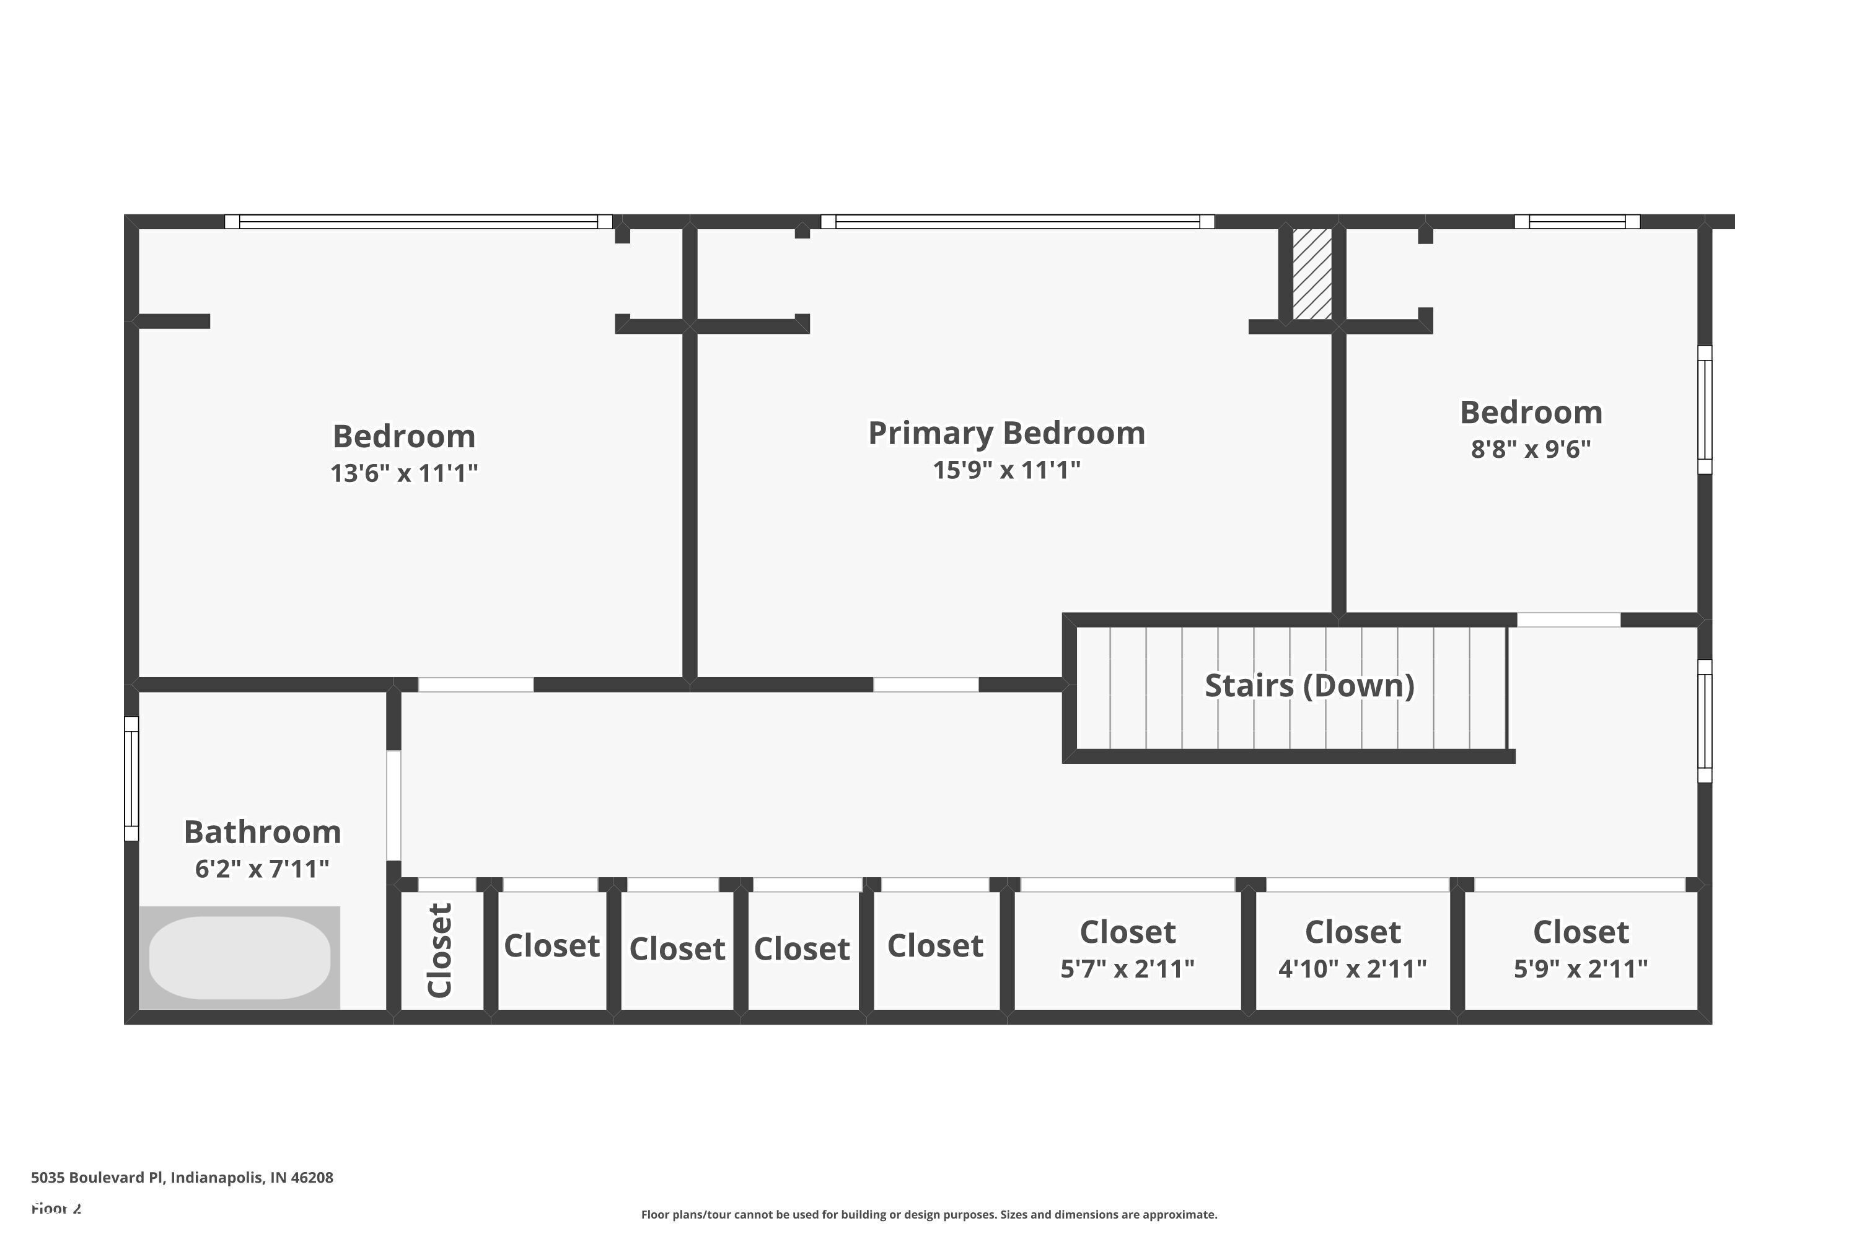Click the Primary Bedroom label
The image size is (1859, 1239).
1006,433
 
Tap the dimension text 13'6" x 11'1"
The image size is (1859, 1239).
404,473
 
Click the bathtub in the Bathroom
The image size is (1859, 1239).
239,958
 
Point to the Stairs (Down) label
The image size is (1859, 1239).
1309,685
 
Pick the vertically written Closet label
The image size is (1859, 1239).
439,950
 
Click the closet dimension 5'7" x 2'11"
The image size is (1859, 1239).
1127,969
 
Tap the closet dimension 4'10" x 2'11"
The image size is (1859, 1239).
1352,969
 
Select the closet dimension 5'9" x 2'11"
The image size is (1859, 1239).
1580,969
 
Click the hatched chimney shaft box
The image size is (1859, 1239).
1312,273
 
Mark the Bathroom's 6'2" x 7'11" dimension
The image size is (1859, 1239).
261,869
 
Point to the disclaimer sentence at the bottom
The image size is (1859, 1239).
929,1214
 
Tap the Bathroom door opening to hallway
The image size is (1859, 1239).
393,805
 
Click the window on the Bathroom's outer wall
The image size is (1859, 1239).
131,778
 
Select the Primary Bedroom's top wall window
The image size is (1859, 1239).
1017,221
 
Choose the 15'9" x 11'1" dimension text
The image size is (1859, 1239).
1006,470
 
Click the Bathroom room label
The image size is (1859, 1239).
261,832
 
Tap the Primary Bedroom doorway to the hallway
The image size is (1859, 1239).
926,685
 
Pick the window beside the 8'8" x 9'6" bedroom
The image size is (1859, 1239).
1705,409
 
